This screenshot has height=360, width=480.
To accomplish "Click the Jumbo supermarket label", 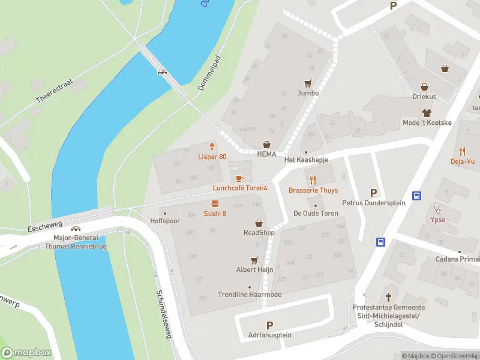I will click(308, 93).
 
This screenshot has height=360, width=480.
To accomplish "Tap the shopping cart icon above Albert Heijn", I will click(255, 260).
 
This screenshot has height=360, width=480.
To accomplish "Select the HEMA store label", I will click(267, 154).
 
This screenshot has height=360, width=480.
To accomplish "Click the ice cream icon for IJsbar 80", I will click(212, 147).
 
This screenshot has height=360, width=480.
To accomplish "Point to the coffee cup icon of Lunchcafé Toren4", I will click(239, 178).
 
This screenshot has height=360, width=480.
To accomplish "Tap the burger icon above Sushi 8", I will click(215, 204).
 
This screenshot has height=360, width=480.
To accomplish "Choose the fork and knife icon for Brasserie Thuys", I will click(313, 180).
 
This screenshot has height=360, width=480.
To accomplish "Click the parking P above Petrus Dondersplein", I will click(374, 193).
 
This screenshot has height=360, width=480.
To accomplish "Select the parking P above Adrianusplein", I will click(269, 325).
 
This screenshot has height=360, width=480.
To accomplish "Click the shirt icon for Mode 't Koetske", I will click(427, 113).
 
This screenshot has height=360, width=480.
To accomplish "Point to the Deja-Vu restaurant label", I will click(463, 161).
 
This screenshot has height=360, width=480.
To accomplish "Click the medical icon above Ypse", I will click(438, 210).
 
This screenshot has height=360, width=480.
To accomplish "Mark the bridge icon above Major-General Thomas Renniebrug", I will click(76, 229).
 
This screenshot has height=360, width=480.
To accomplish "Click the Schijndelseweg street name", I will click(164, 312).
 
